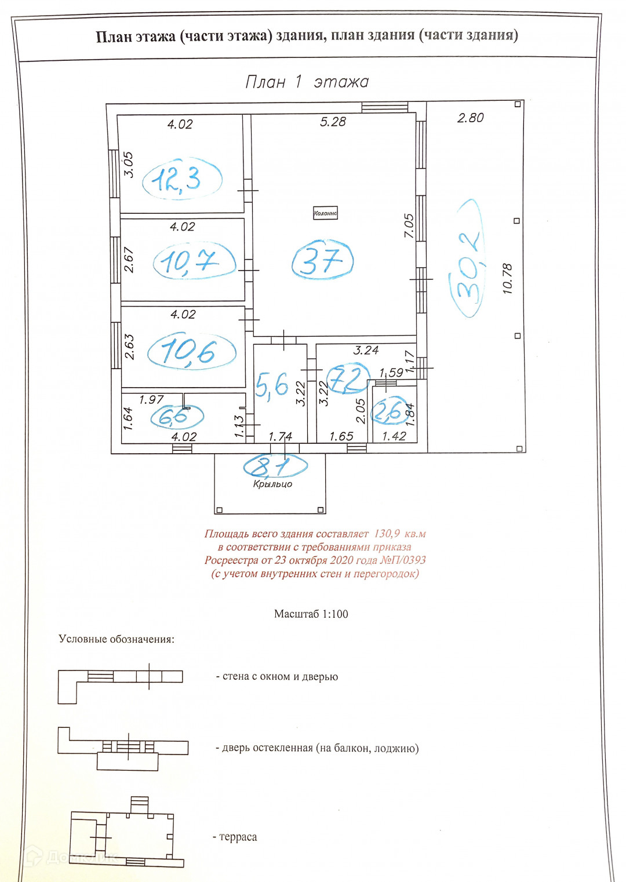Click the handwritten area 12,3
pyautogui.click(x=177, y=178)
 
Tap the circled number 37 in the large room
pyautogui.click(x=322, y=260)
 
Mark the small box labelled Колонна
pyautogui.click(x=325, y=213)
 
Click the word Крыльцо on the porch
pyautogui.click(x=272, y=484)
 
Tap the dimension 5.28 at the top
pyautogui.click(x=333, y=122)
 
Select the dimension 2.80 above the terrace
pyautogui.click(x=470, y=118)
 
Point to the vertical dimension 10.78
pyautogui.click(x=508, y=279)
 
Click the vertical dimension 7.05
pyautogui.click(x=409, y=225)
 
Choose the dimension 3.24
pyautogui.click(x=366, y=350)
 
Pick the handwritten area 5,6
pyautogui.click(x=271, y=385)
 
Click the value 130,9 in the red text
pyautogui.click(x=387, y=534)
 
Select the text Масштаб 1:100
pyautogui.click(x=311, y=614)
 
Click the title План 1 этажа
pyautogui.click(x=307, y=82)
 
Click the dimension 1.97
pyautogui.click(x=151, y=400)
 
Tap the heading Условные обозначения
pyautogui.click(x=116, y=639)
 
